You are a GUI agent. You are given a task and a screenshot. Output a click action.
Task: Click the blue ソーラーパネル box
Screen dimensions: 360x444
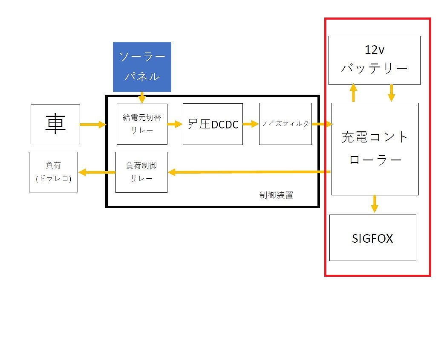(x=142, y=67)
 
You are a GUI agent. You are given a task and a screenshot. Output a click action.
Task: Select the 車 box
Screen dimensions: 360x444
(x=55, y=124)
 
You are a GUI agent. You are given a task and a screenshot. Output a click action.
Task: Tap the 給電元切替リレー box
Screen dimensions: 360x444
(x=142, y=124)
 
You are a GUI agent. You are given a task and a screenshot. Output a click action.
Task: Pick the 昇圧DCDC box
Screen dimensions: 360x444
(x=213, y=124)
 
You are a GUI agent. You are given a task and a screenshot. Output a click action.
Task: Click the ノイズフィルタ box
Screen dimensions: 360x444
(x=285, y=124)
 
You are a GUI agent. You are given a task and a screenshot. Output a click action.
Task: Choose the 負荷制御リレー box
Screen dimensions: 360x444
(x=141, y=172)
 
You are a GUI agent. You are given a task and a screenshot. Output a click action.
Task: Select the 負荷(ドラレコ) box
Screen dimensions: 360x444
(x=54, y=172)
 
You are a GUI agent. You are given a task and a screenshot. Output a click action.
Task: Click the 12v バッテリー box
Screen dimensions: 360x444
(x=375, y=60)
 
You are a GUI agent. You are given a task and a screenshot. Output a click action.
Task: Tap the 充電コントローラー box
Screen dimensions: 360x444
(x=375, y=149)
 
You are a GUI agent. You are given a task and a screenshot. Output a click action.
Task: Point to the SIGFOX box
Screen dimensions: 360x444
(x=372, y=238)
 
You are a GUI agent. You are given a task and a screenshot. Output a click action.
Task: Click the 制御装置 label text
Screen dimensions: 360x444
(x=276, y=195)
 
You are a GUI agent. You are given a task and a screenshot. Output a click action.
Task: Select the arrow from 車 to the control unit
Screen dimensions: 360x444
(x=92, y=124)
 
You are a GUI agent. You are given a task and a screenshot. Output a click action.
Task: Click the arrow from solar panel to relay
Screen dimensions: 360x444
(x=142, y=98)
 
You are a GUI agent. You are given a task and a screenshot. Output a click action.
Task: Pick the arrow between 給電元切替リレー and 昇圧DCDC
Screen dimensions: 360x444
(x=175, y=124)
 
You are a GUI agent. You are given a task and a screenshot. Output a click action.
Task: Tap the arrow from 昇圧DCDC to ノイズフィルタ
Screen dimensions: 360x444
(x=251, y=124)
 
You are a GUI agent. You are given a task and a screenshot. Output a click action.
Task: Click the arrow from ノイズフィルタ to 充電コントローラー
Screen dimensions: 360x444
(x=322, y=124)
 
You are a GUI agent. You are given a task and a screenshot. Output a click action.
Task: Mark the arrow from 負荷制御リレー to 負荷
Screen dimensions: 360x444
(x=97, y=172)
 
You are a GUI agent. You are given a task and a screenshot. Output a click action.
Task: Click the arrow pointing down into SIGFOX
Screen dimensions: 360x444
(x=375, y=203)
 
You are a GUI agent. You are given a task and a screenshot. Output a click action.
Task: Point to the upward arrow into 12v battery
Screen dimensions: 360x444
(x=353, y=93)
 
